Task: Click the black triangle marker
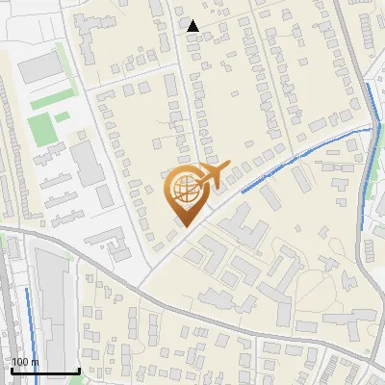click(x=192, y=26)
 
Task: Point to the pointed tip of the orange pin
click(x=183, y=226)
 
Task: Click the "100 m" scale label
click(x=25, y=362)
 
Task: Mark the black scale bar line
click(x=44, y=372)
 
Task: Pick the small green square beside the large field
click(x=62, y=116)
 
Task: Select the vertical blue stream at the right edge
click(x=373, y=135)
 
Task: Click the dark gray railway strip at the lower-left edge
click(x=8, y=318)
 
